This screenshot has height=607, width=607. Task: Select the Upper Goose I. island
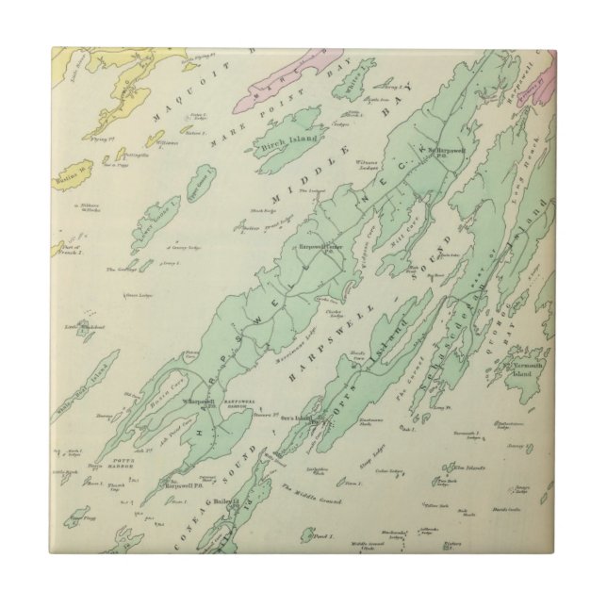click(x=198, y=179)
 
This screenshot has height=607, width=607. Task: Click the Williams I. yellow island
click(x=154, y=139)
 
